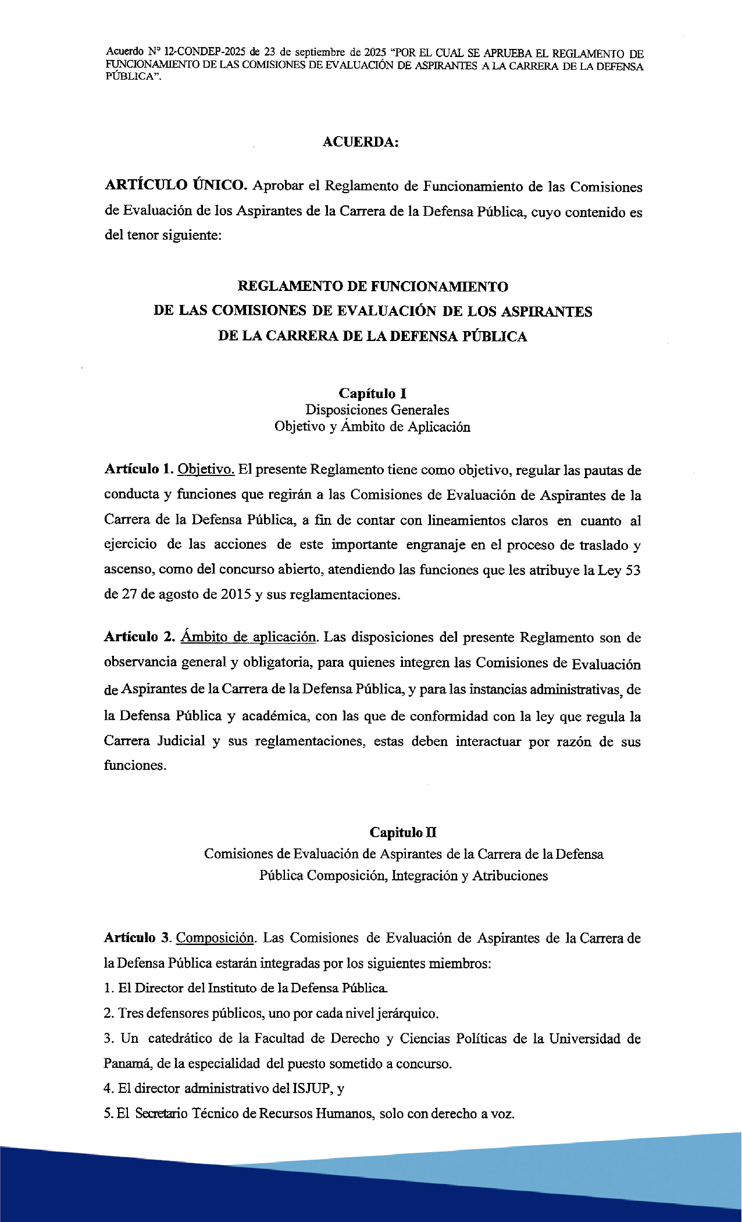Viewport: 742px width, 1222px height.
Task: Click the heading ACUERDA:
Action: tap(361, 142)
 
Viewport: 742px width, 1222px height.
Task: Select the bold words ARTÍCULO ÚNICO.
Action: tap(176, 186)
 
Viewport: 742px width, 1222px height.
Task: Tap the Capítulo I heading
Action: tap(372, 393)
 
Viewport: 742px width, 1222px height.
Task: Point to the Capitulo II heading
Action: tap(403, 832)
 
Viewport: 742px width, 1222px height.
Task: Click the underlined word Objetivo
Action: tap(206, 469)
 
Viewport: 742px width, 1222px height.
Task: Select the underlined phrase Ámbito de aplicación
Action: tap(248, 637)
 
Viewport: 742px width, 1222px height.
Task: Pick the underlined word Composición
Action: tap(215, 938)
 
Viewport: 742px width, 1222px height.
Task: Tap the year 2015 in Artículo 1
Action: tap(236, 595)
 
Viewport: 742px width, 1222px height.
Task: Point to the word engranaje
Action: tap(438, 545)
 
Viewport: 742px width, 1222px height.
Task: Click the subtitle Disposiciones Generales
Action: tap(377, 410)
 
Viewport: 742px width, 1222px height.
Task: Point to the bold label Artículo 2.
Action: tap(139, 637)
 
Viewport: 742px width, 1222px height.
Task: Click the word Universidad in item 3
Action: tap(584, 1039)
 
